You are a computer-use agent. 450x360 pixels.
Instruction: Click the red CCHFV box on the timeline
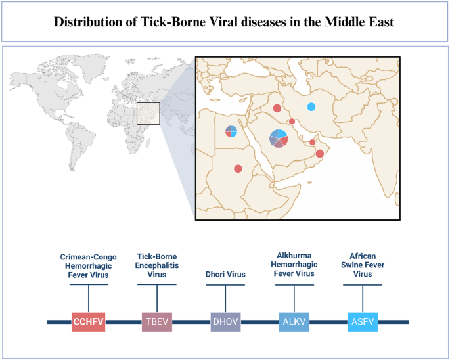tap(88, 321)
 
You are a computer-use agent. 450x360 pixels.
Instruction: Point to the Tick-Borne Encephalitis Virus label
tap(157, 265)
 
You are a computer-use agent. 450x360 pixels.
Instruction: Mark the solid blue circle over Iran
tap(311, 107)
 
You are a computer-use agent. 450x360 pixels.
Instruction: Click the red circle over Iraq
tap(277, 108)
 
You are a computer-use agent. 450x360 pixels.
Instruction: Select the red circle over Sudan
tap(238, 169)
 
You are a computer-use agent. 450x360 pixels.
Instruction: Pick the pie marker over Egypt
tap(231, 131)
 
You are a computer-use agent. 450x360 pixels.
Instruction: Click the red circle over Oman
tap(319, 154)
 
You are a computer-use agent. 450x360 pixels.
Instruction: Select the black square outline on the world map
tap(148, 114)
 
